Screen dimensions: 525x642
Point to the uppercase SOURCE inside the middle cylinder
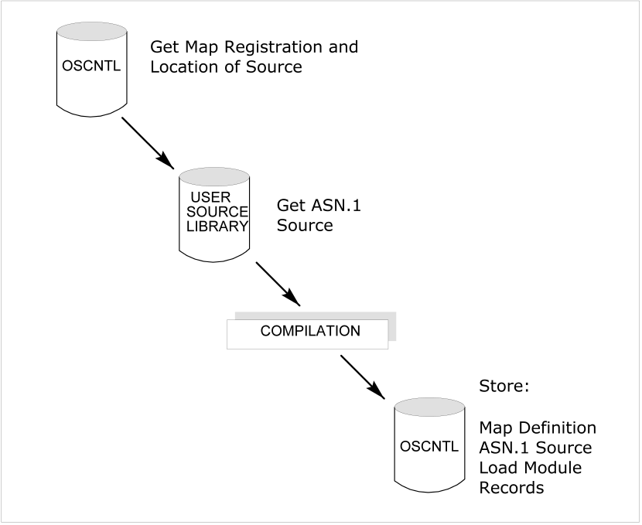tap(217, 211)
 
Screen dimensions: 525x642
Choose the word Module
tap(548, 468)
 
